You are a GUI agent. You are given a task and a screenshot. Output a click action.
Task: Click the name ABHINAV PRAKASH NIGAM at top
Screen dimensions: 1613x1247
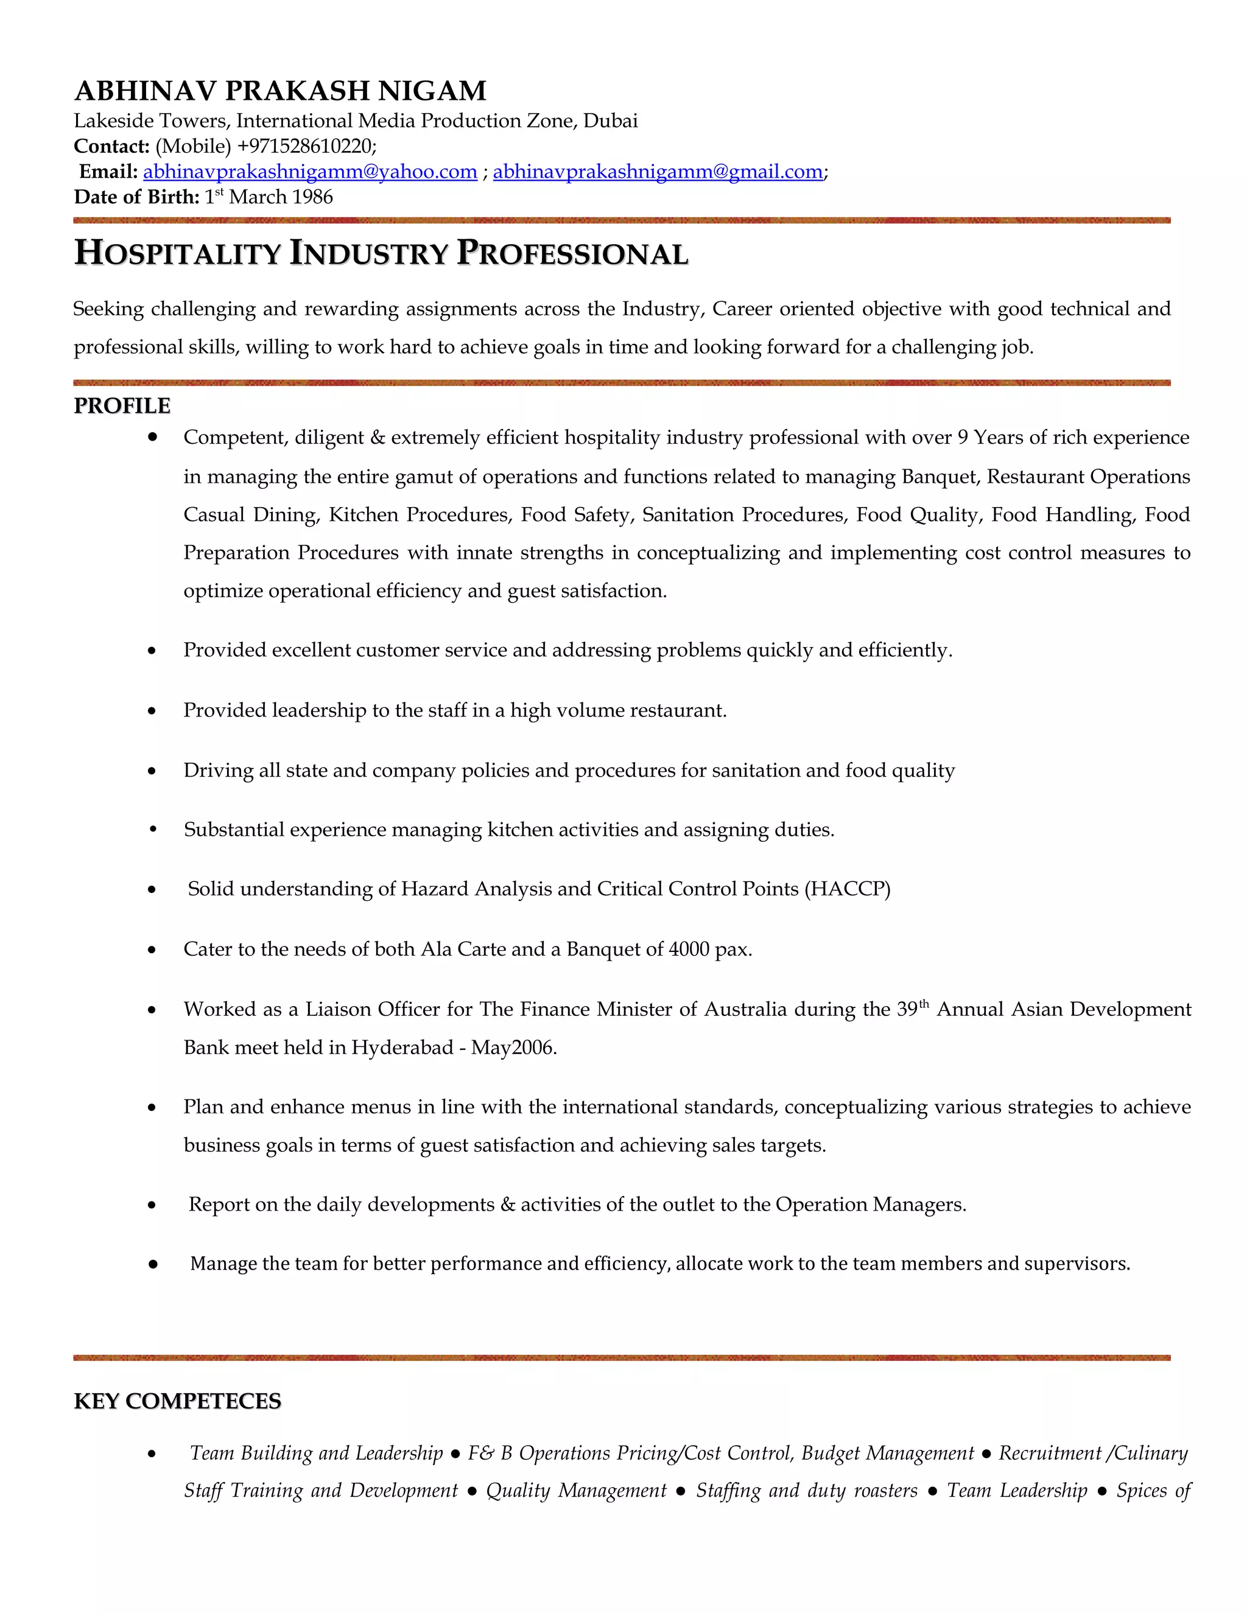280,91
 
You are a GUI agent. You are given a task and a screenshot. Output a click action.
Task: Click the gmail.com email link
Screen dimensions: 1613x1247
658,172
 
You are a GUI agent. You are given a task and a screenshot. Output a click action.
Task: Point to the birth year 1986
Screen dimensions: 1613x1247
312,197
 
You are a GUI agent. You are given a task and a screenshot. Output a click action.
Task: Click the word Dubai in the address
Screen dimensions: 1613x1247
610,121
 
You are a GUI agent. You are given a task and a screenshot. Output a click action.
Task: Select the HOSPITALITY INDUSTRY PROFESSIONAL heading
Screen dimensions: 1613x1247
381,253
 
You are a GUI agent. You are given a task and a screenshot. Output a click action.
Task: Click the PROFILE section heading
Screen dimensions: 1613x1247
122,406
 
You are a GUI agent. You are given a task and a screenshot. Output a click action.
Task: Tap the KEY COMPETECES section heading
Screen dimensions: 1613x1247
177,1401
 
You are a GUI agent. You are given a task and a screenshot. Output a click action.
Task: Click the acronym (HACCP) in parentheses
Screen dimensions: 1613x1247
848,889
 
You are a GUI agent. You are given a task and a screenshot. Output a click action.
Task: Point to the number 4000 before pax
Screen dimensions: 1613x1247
689,949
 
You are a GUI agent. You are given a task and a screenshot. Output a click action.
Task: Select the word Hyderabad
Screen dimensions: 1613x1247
402,1048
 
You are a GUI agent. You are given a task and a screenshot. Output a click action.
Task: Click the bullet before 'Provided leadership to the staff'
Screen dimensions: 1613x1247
152,711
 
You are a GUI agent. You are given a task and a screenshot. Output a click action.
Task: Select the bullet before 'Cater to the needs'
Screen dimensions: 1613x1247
152,950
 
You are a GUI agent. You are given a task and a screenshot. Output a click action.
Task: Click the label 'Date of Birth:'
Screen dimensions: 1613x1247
136,197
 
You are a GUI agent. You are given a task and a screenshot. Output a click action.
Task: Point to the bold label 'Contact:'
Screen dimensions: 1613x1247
111,146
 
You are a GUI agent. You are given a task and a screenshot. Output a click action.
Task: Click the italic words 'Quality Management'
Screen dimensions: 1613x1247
576,1491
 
